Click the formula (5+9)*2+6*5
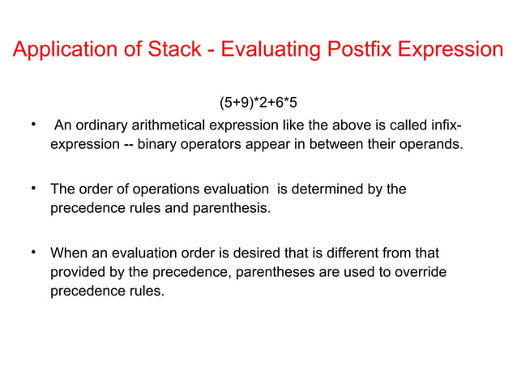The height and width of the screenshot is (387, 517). coord(263,103)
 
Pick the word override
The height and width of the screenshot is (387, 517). coord(419,272)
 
